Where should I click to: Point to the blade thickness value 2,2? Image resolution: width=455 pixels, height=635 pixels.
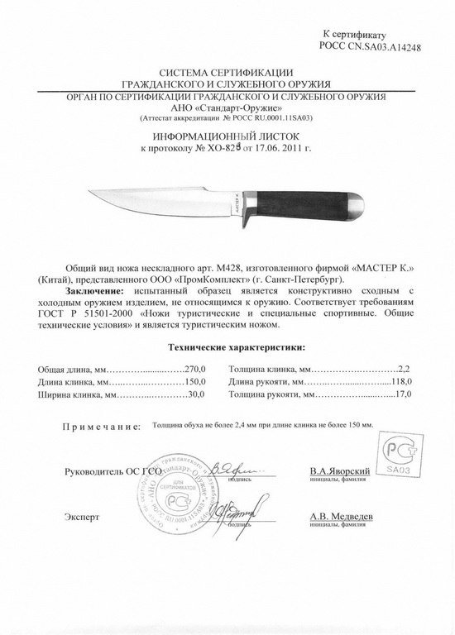404,368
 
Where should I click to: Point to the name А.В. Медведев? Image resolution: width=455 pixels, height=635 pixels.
341,516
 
